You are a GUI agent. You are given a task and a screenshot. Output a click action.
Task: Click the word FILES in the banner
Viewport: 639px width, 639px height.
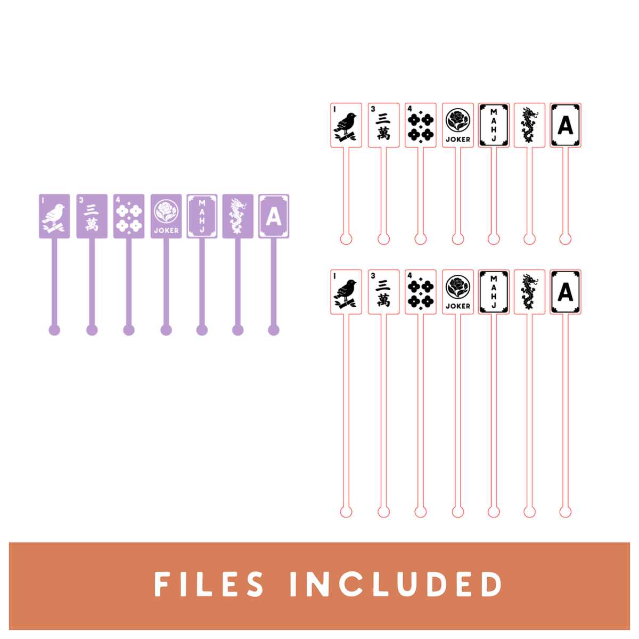pyautogui.click(x=209, y=584)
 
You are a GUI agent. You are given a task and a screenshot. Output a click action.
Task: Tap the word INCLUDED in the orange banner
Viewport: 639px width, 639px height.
pyautogui.click(x=396, y=584)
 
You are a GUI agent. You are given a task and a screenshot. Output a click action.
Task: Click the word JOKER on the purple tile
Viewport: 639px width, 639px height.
pyautogui.click(x=166, y=230)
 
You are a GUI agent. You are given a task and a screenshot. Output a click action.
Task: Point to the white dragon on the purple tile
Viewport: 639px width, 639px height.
pyautogui.click(x=237, y=216)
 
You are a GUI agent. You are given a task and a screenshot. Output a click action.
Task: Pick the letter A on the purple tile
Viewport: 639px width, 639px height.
pyautogui.click(x=274, y=217)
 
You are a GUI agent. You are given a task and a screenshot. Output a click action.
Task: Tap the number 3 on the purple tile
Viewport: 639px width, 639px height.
pyautogui.click(x=81, y=200)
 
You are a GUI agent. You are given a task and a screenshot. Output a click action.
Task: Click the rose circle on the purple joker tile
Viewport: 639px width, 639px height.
pyautogui.click(x=166, y=211)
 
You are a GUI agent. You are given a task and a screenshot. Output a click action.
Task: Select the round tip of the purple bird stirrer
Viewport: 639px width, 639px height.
pyautogui.click(x=54, y=330)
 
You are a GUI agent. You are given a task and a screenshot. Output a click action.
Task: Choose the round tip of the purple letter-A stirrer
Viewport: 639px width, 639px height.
pyautogui.click(x=274, y=330)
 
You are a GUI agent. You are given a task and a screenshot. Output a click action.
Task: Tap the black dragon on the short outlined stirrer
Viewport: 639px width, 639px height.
pyautogui.click(x=529, y=125)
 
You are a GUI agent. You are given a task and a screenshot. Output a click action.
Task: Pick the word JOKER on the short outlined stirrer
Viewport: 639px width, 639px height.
pyautogui.click(x=457, y=140)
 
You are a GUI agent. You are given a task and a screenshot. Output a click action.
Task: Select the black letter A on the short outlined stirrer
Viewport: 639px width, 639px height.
pyautogui.click(x=565, y=126)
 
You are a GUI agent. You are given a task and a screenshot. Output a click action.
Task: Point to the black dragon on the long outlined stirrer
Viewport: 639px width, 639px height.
pyautogui.click(x=529, y=292)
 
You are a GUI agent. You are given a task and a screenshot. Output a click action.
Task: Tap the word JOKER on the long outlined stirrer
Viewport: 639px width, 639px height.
pyautogui.click(x=457, y=306)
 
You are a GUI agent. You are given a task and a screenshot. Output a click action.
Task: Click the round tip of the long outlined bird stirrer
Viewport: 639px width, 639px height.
pyautogui.click(x=346, y=512)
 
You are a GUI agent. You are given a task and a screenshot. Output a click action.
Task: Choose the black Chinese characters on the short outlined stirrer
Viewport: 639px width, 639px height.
pyautogui.click(x=383, y=126)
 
